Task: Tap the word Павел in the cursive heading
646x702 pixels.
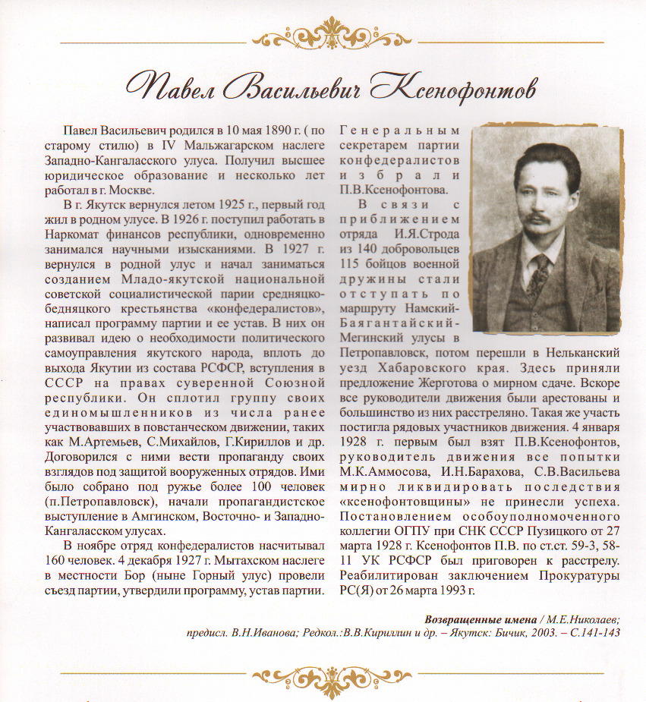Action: coord(175,84)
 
